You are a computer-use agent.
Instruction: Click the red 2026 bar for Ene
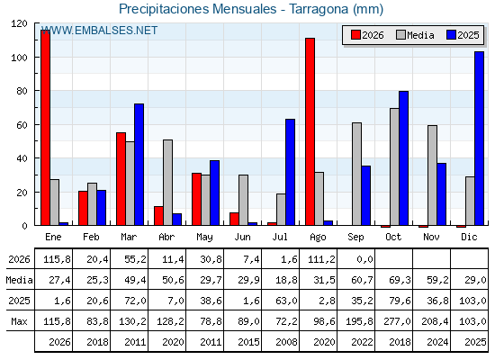click(45, 128)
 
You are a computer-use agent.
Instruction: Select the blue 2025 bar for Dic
click(479, 139)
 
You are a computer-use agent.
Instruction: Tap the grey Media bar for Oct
click(394, 166)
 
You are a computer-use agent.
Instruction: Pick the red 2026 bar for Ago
click(310, 131)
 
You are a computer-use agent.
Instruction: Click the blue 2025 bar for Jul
click(290, 172)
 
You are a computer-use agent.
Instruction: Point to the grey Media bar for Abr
click(167, 182)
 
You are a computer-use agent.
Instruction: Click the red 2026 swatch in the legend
click(355, 35)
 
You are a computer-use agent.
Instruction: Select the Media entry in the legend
click(415, 35)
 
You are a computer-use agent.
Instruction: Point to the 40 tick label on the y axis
click(22, 158)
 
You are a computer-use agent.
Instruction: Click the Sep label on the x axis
click(355, 238)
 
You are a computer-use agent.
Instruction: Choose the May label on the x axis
click(204, 238)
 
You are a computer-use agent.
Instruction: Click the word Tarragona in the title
click(319, 9)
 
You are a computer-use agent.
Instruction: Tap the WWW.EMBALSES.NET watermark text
click(99, 31)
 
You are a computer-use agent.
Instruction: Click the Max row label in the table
click(19, 321)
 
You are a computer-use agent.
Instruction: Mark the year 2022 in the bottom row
click(362, 342)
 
